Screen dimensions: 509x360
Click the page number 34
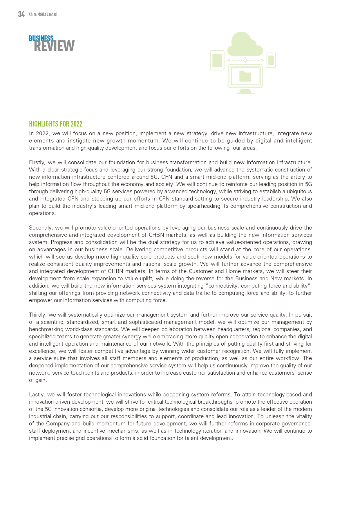click(21, 14)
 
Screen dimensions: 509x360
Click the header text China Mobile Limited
click(43, 14)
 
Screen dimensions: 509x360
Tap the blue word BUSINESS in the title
click(41, 38)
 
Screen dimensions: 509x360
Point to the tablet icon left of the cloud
click(217, 60)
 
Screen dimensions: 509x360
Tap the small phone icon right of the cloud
click(271, 60)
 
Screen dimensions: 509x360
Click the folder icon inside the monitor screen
click(245, 76)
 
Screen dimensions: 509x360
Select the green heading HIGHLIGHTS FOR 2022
click(56, 124)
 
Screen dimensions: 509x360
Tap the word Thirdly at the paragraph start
click(38, 315)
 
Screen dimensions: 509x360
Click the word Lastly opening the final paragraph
click(37, 395)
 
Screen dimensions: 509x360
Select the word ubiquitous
click(299, 192)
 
